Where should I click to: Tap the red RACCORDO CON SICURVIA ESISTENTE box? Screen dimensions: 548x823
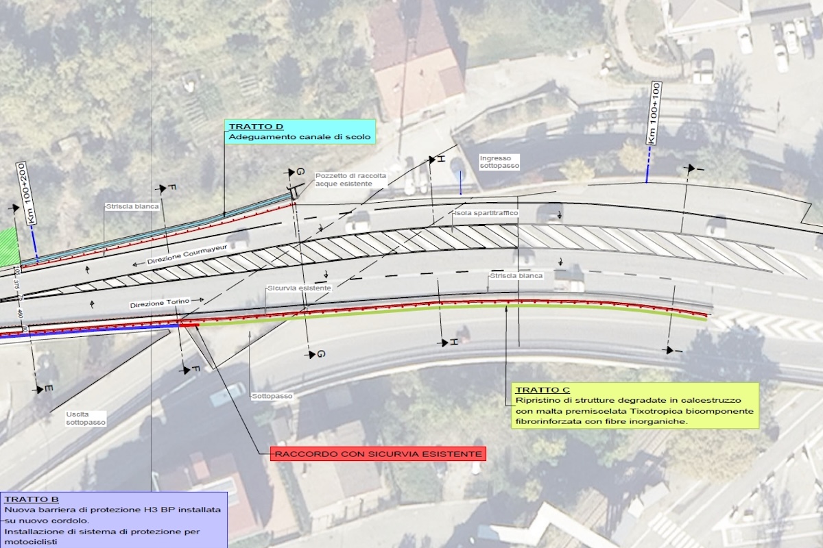378,454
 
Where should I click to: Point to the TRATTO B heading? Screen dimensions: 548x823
32,499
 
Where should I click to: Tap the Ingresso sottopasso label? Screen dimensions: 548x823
499,162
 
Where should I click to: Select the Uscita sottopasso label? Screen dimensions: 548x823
86,419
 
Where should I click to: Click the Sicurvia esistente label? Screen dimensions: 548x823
299,288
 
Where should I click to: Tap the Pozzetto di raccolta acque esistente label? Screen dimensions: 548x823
350,180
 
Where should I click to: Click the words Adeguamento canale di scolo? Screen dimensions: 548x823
300,137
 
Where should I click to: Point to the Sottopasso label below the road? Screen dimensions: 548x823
272,397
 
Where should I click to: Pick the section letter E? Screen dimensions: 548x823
48,389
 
